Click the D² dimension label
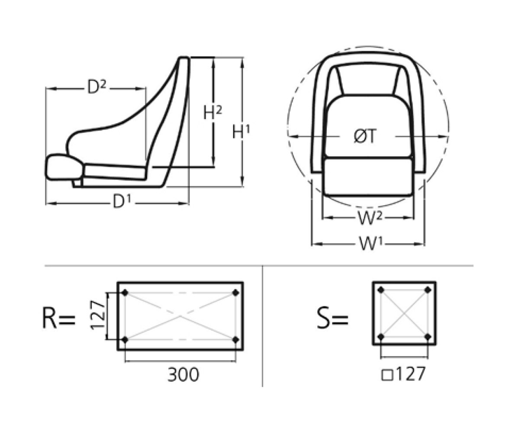click(97, 87)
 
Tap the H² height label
click(213, 113)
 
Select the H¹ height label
click(241, 132)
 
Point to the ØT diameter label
click(364, 136)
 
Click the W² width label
click(370, 218)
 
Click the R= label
click(59, 318)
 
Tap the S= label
click(332, 318)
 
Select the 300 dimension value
click(184, 374)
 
